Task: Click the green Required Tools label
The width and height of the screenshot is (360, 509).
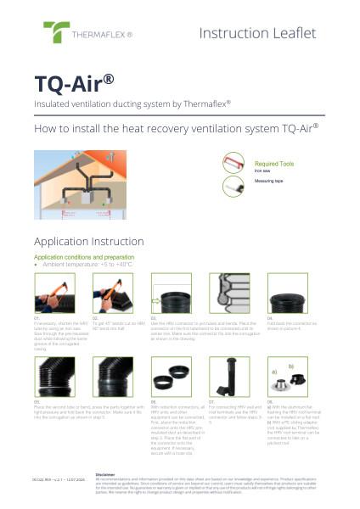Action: [273, 163]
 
